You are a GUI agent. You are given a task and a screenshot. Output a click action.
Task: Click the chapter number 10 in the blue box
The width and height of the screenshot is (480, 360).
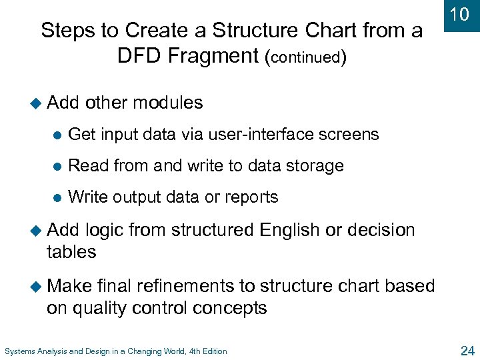459,15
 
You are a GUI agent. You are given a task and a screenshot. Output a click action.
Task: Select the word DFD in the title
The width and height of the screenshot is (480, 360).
139,55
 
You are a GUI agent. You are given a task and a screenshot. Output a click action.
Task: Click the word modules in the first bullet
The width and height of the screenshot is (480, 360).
168,103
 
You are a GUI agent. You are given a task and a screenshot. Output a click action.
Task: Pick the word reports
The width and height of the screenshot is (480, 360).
251,197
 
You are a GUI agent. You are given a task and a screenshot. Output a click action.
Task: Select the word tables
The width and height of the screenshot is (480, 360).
71,252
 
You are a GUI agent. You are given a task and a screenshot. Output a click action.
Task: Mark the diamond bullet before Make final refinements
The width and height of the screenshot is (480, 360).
37,287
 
